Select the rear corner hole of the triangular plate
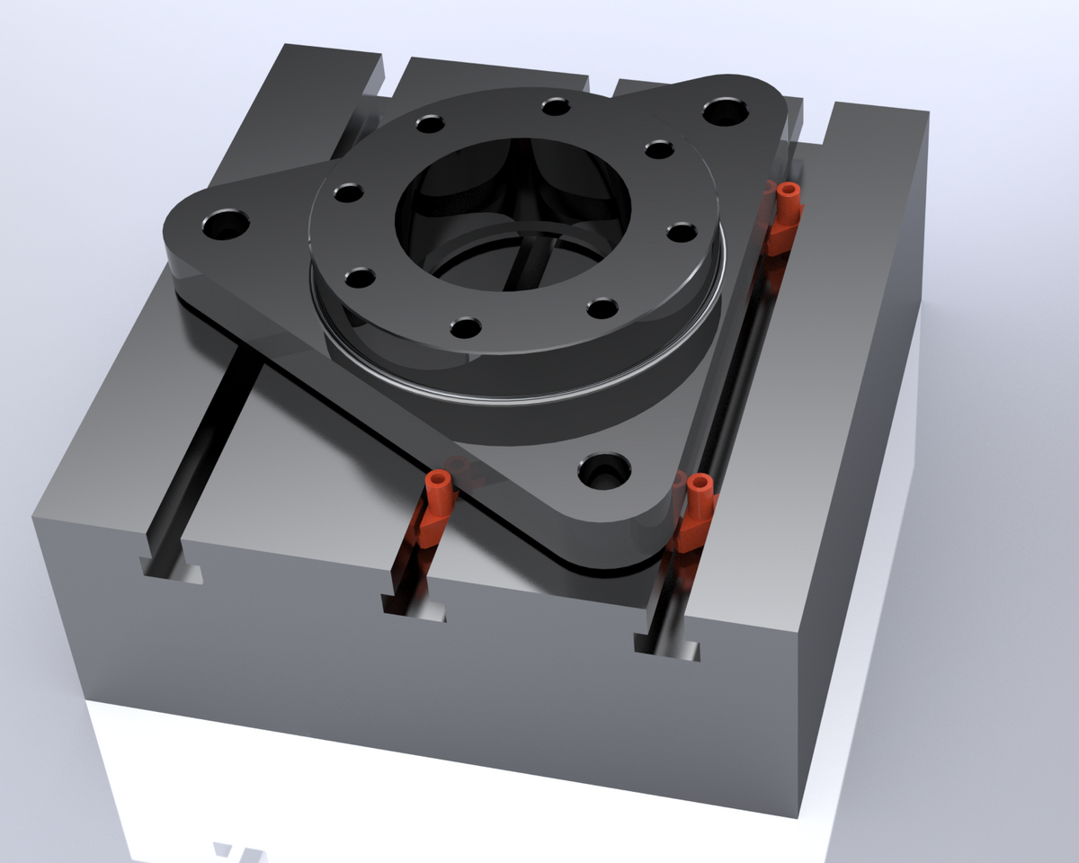tap(725, 112)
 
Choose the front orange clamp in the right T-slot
tap(697, 510)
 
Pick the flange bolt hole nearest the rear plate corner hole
tap(659, 148)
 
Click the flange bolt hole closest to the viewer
tap(465, 327)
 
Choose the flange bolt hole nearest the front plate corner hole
tap(600, 308)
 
